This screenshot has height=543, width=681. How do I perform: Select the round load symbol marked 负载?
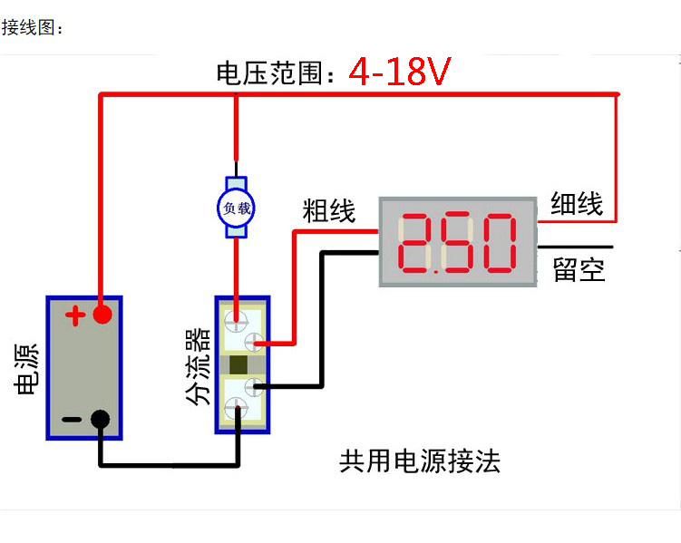coord(237,207)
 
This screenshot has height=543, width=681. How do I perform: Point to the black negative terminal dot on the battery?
coord(101,419)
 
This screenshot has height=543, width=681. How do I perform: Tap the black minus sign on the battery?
coord(73,420)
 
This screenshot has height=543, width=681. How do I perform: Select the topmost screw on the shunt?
coord(237,319)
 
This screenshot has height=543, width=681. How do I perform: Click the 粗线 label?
coord(328,212)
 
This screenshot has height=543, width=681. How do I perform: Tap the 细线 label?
coord(577,204)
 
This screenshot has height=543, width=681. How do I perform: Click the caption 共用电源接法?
coord(419,462)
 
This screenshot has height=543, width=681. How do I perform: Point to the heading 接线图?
coord(32,28)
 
